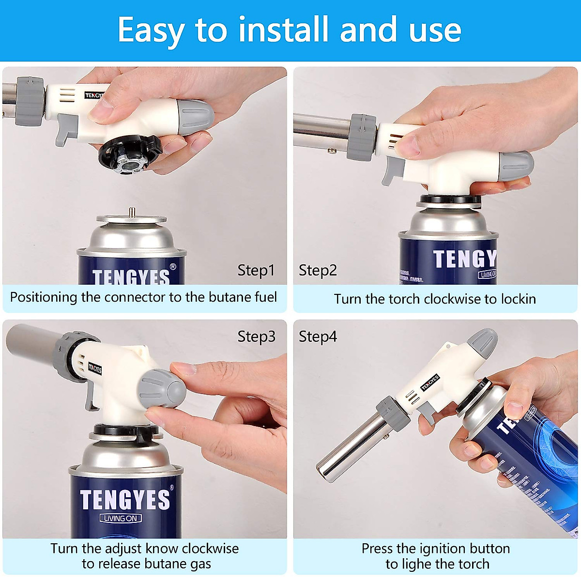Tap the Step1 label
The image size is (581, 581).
[x=256, y=270]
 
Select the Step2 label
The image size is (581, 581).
[x=318, y=270]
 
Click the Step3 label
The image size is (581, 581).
[x=256, y=336]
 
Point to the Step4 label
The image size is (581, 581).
[x=318, y=336]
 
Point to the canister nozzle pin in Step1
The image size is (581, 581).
[x=131, y=212]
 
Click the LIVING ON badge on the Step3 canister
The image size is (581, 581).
[x=121, y=518]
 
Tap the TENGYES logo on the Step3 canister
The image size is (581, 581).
[x=125, y=499]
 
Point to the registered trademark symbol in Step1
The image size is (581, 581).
[x=173, y=267]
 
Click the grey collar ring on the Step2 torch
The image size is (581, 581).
[x=362, y=137]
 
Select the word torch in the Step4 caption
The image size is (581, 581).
[x=473, y=564]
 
